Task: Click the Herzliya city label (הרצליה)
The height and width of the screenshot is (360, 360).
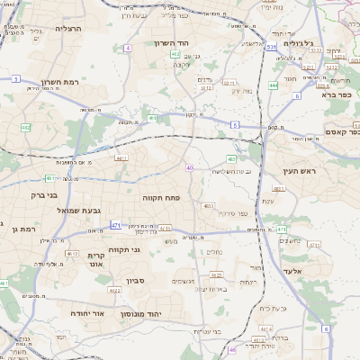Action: [x=67, y=29]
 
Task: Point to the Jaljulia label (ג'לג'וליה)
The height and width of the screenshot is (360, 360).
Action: [x=298, y=43]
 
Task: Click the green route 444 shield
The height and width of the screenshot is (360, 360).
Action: [x=273, y=85]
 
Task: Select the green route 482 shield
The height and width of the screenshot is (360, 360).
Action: [x=25, y=128]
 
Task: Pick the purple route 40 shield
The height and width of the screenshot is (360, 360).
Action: [x=190, y=168]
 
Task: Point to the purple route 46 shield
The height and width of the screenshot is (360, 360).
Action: [x=232, y=349]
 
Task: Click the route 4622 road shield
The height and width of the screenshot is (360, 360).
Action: [x=114, y=291]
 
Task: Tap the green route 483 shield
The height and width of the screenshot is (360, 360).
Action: [x=231, y=158]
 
